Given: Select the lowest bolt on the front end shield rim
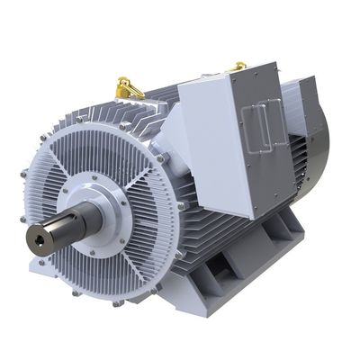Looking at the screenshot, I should click(117, 301).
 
